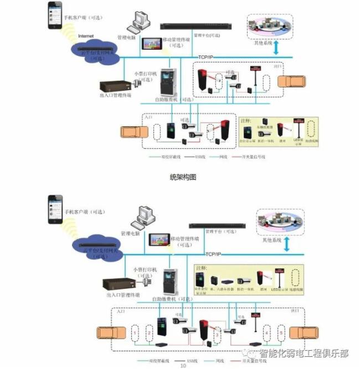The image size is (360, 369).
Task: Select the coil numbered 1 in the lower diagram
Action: tap(135, 334)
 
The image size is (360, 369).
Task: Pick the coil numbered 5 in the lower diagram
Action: tap(281, 334)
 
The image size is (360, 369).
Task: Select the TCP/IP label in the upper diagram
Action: tap(205, 57)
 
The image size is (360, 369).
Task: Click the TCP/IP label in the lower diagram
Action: tap(213, 253)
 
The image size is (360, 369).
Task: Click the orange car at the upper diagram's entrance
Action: tap(133, 134)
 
